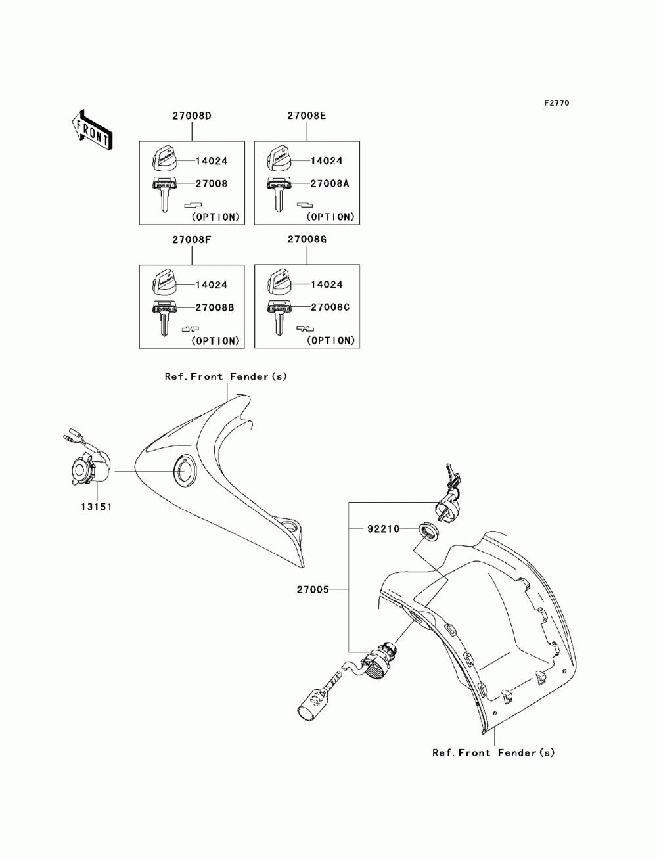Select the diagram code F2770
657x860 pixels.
pos(556,103)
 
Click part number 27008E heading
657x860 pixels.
pos(307,116)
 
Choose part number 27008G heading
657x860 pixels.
pos(307,240)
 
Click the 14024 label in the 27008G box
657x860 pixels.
pos(327,285)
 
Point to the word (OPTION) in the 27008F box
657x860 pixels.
pos(216,341)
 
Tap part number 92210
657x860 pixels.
pos(384,528)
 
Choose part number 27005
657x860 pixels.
pos(333,590)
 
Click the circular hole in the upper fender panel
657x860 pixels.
pos(184,470)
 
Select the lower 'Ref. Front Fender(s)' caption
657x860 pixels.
pos(493,752)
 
